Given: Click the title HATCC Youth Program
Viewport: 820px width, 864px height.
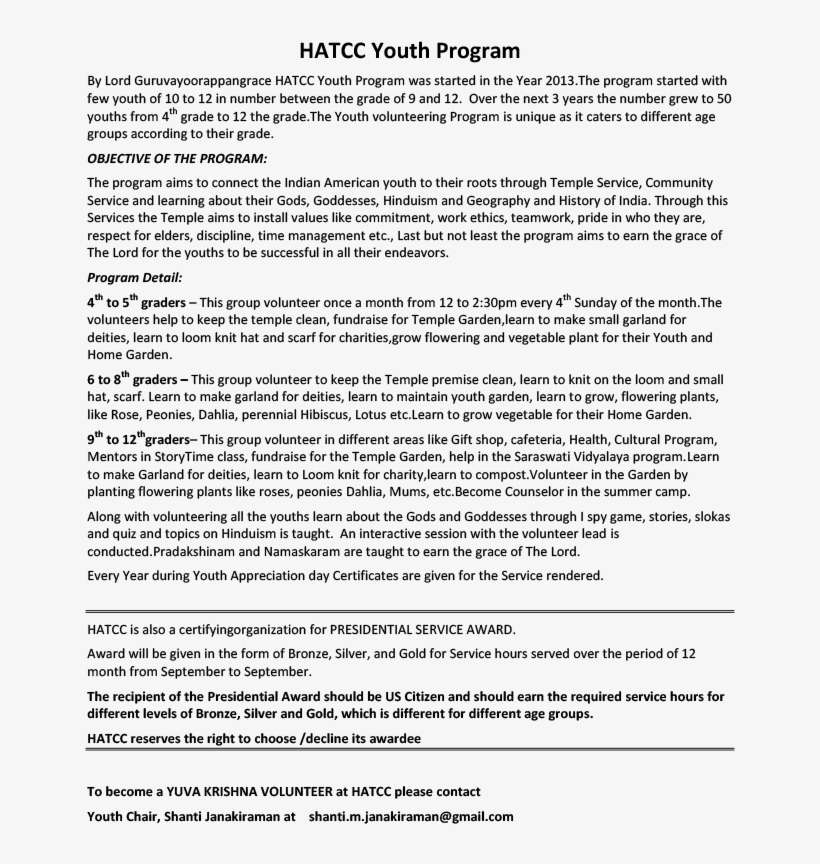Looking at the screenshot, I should (410, 51).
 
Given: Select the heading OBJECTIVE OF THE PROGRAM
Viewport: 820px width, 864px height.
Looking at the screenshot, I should (177, 158).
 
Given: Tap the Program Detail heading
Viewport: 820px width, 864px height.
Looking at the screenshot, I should (135, 277).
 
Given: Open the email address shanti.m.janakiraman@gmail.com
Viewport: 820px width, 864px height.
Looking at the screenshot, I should (411, 816).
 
